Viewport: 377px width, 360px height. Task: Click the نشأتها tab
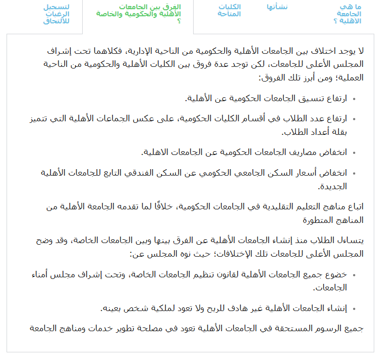tap(277, 7)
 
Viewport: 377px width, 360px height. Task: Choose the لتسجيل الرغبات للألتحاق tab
tap(57, 14)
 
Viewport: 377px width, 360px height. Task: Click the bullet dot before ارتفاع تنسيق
tap(354, 100)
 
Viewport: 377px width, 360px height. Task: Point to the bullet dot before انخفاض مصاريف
tap(354, 153)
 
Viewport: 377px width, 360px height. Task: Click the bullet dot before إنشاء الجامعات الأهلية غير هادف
tap(354, 309)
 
